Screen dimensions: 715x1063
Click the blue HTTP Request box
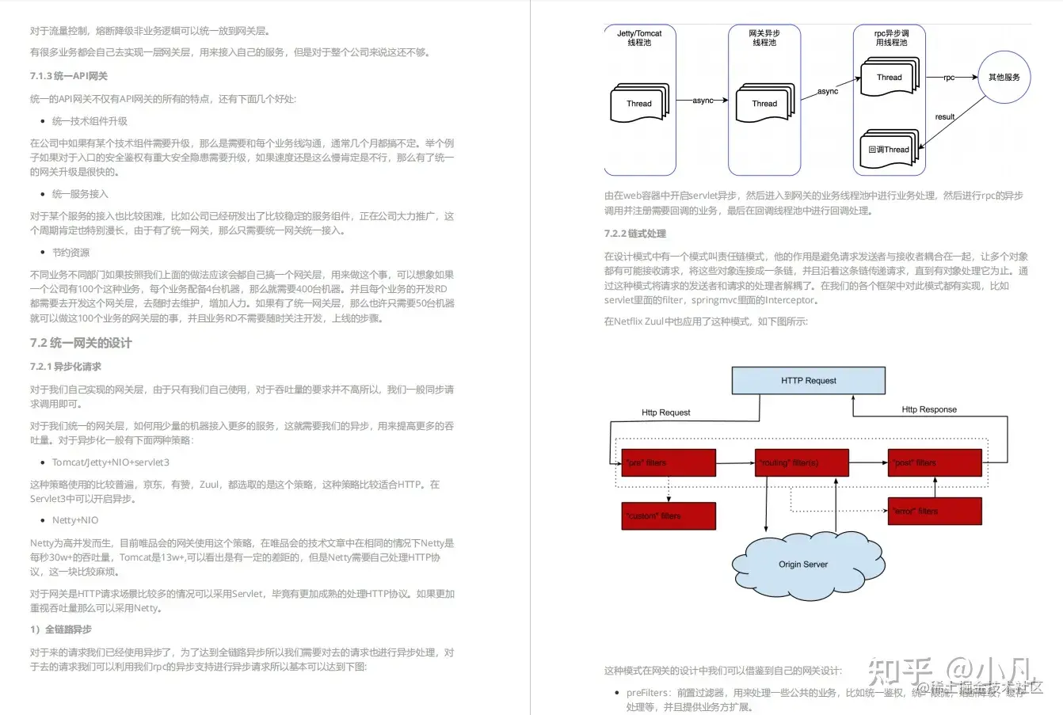pos(808,380)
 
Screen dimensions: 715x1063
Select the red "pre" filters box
pos(669,462)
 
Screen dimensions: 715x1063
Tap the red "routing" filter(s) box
pos(802,462)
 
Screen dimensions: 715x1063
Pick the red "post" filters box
pos(935,462)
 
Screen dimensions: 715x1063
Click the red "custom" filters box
pos(669,515)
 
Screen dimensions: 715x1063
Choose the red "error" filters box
pos(935,511)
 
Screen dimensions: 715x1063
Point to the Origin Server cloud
pos(803,565)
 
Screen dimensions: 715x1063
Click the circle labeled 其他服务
pos(1004,78)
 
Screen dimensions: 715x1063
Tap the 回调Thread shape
pos(889,149)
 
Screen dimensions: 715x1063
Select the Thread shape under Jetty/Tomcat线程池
pos(639,103)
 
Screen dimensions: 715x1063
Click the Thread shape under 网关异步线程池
pos(764,103)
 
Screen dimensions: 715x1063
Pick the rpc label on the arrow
pos(949,78)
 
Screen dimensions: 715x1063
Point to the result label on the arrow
pos(945,116)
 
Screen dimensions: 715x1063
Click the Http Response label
pos(929,409)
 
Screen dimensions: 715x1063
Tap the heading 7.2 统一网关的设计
pos(81,343)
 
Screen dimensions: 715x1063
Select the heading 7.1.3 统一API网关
pos(69,76)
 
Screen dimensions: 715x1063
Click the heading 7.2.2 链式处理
pos(635,234)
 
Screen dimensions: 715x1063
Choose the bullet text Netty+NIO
pos(75,520)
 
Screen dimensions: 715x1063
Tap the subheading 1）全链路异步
pos(61,629)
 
